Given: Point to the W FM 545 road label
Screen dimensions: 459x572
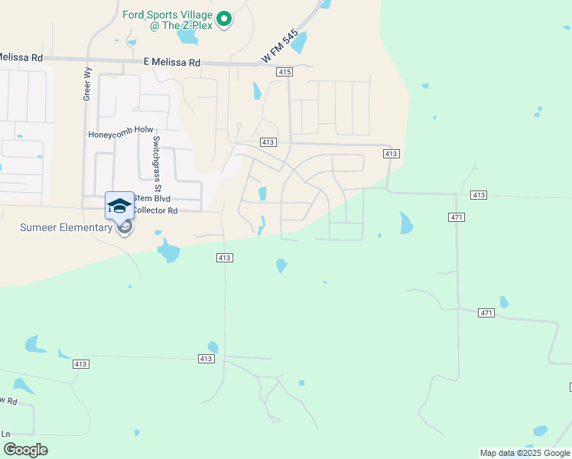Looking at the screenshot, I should pyautogui.click(x=278, y=47).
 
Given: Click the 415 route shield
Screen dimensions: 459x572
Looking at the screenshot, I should pyautogui.click(x=284, y=72).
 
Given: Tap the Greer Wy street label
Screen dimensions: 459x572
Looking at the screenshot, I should pyautogui.click(x=86, y=82).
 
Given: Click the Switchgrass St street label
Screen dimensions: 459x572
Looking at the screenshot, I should pyautogui.click(x=157, y=165).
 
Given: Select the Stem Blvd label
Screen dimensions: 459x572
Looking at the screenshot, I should pyautogui.click(x=152, y=198).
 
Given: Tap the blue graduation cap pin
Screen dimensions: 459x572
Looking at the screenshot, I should pyautogui.click(x=119, y=205).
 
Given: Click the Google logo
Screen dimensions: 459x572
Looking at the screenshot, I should pyautogui.click(x=25, y=450).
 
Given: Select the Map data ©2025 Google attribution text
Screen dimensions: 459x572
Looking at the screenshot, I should pyautogui.click(x=525, y=453).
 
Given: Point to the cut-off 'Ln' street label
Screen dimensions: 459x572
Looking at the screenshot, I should pyautogui.click(x=5, y=434).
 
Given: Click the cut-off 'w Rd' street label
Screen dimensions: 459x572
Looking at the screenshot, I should pyautogui.click(x=8, y=400).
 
